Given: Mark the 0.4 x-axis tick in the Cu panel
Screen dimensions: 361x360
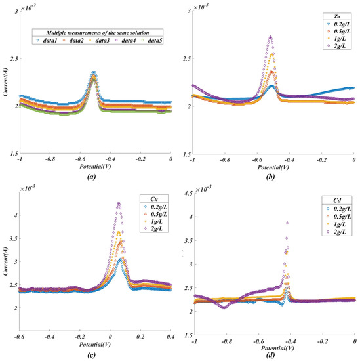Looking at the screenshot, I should point(170,340).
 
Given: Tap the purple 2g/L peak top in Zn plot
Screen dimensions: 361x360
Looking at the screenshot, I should point(270,37).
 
